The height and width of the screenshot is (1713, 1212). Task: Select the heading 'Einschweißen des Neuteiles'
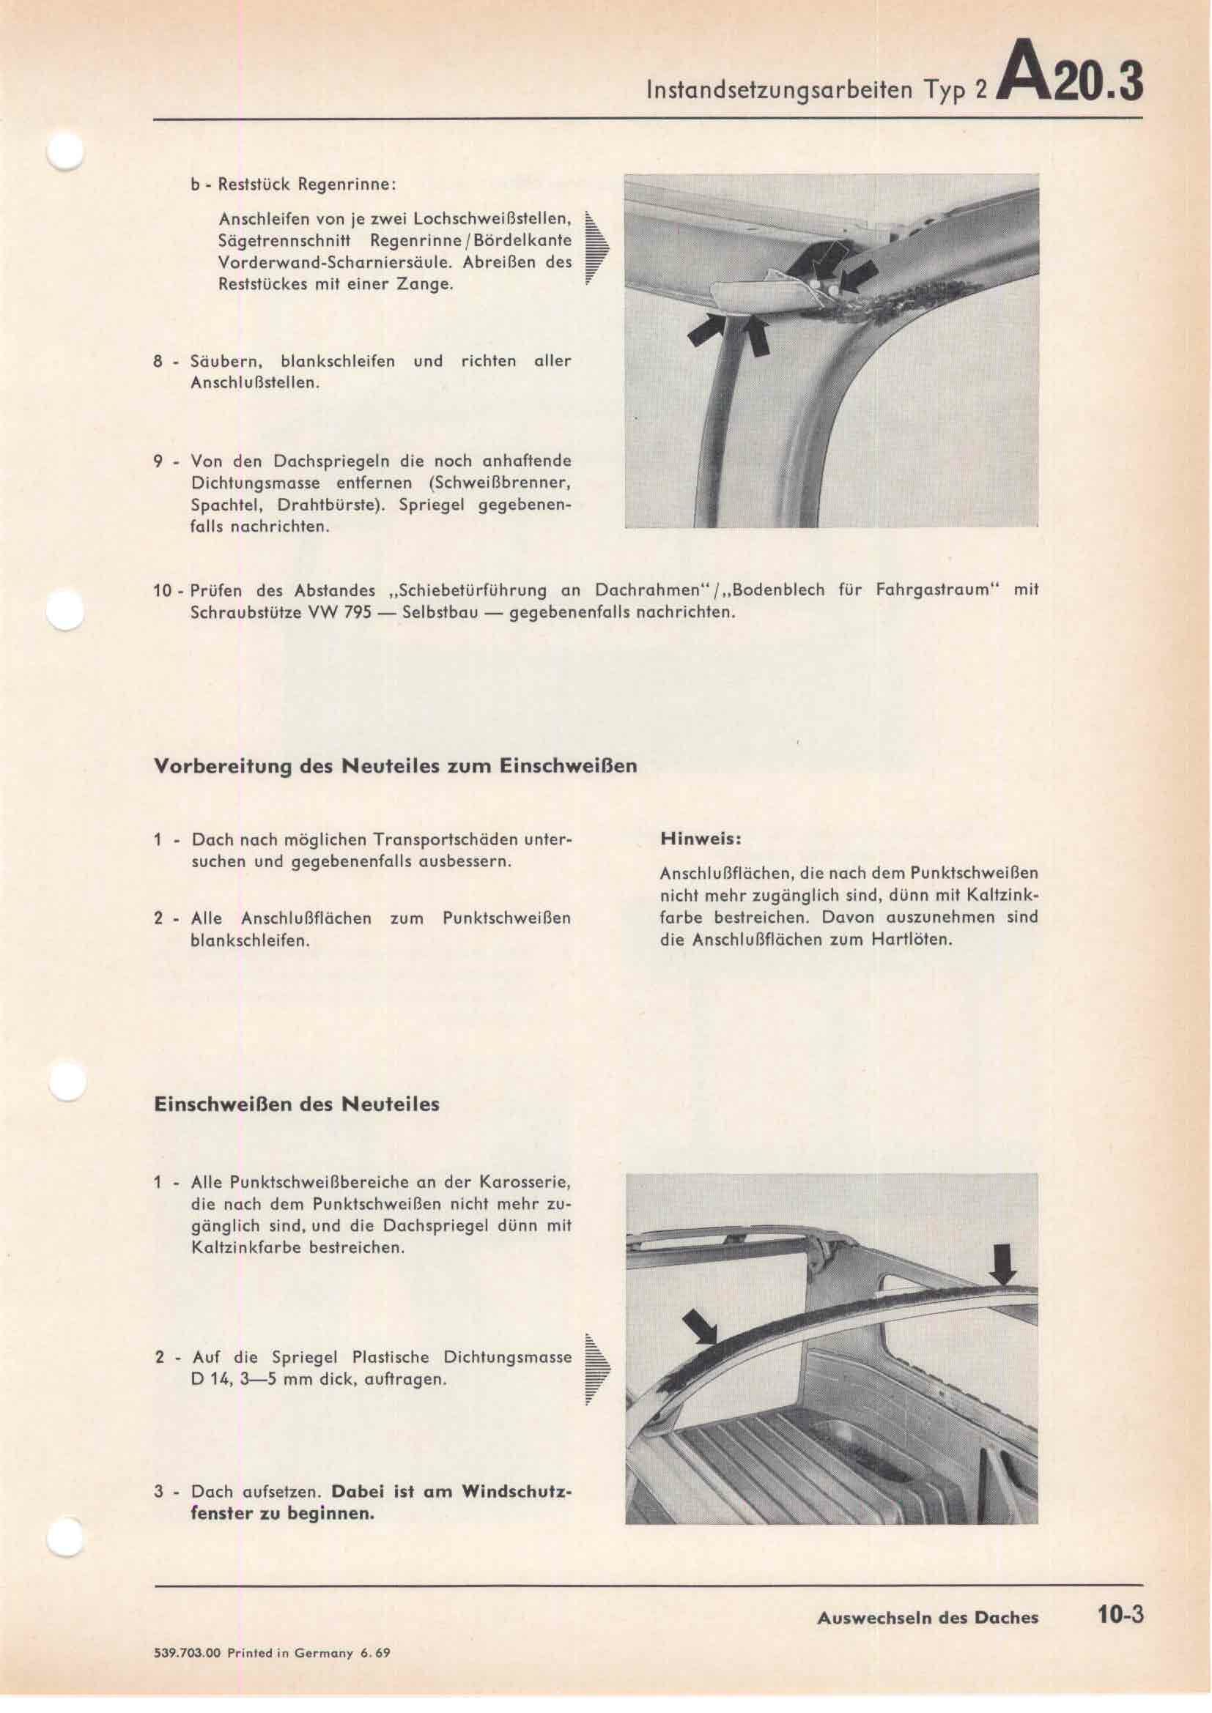(296, 1104)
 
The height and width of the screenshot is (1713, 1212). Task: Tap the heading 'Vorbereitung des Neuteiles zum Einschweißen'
(395, 766)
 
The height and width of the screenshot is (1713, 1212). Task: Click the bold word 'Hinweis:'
(701, 839)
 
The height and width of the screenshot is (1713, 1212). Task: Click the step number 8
(158, 362)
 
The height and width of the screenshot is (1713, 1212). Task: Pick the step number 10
(163, 591)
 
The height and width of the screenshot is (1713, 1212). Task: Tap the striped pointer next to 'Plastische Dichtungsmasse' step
(596, 1368)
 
